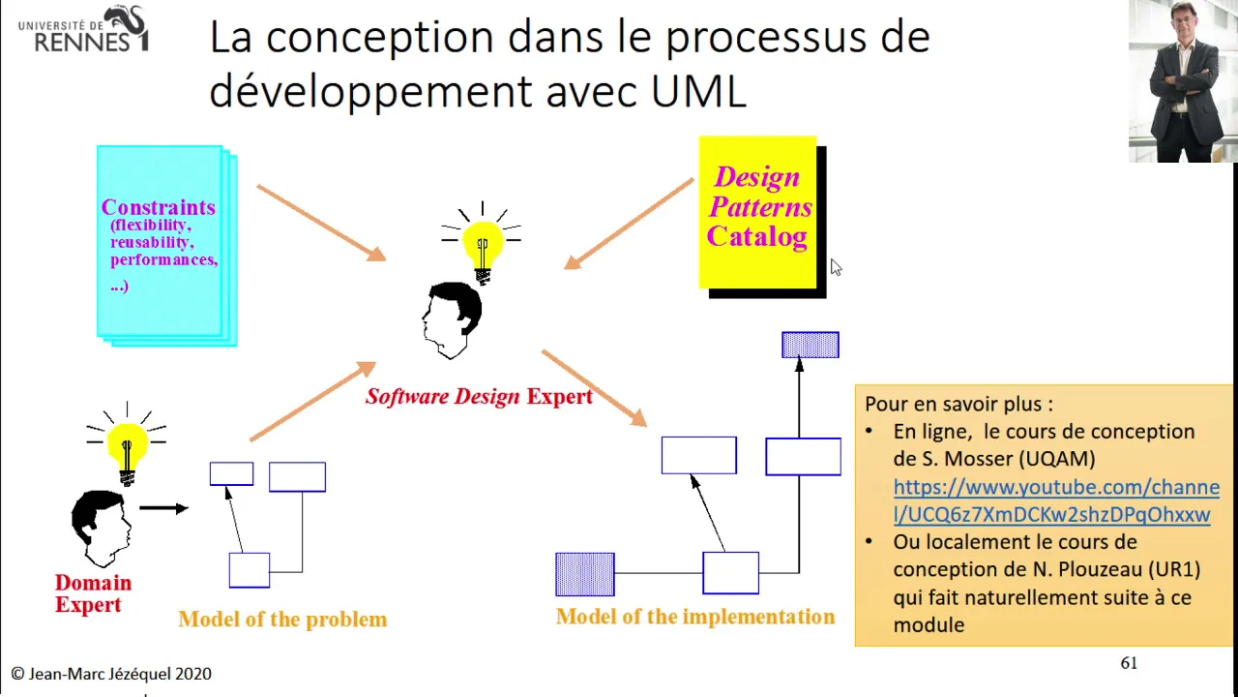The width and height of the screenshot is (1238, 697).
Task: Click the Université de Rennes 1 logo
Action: [83, 29]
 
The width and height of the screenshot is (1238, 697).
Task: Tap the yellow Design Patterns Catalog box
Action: [757, 212]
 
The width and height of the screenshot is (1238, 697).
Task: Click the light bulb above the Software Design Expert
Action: [482, 243]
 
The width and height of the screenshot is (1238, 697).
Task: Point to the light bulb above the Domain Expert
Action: [127, 444]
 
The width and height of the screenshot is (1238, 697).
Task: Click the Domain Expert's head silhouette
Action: [102, 529]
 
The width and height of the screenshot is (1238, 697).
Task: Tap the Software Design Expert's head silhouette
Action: [452, 320]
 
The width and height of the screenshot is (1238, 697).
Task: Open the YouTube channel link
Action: [1056, 500]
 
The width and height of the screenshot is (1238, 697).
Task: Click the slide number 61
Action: [1129, 663]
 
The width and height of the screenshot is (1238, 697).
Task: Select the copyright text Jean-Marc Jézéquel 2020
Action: [111, 674]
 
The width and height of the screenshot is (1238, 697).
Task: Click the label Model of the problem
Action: [282, 619]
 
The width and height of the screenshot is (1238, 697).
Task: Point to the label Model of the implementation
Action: [695, 617]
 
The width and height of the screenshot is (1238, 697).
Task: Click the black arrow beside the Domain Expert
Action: [164, 508]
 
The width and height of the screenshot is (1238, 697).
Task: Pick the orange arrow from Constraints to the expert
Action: [322, 223]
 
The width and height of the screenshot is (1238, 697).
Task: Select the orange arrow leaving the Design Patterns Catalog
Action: [629, 224]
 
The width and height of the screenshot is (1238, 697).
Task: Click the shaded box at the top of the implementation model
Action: [811, 345]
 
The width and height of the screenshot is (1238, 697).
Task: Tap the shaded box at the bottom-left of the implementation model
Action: [585, 574]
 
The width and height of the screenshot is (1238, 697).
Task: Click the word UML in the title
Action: [698, 91]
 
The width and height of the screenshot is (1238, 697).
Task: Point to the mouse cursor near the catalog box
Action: [836, 267]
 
